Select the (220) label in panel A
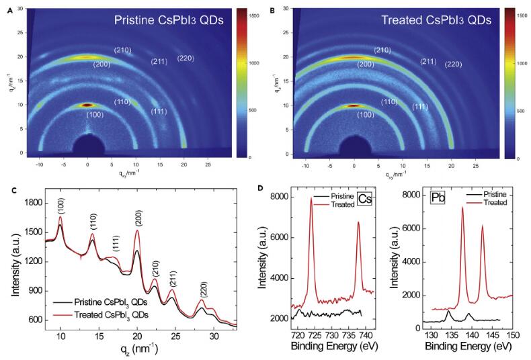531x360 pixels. point(186,58)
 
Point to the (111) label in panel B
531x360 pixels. point(419,107)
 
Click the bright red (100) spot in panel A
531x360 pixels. point(87,105)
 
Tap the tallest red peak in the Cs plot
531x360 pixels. point(311,199)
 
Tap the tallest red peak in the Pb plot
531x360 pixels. point(462,208)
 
